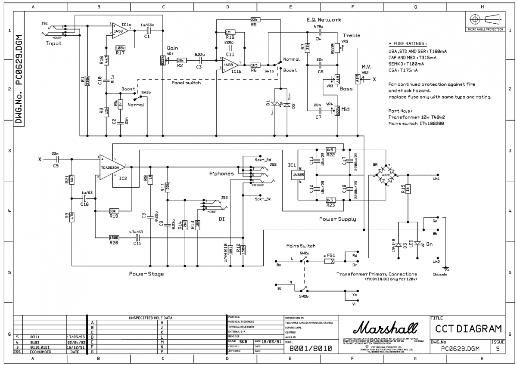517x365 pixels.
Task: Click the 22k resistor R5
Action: click(x=255, y=20)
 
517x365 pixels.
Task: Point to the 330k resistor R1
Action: click(x=87, y=80)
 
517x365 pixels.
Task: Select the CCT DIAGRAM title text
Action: click(x=468, y=329)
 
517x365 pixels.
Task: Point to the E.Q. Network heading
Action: click(x=324, y=20)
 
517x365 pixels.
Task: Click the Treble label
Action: click(x=352, y=35)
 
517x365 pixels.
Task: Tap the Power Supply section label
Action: click(x=337, y=219)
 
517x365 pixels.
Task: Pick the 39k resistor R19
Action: click(x=114, y=211)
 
